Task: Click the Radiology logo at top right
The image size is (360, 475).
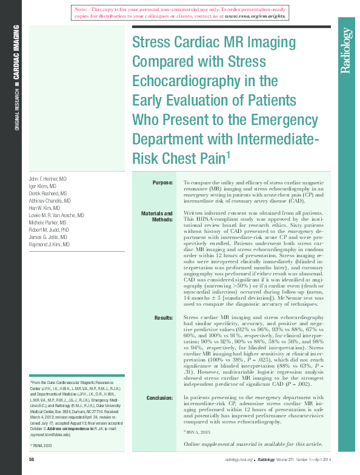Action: point(345,51)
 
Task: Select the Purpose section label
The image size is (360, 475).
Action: point(162,182)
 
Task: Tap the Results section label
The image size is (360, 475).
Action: point(164,317)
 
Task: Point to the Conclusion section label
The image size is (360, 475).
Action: point(159,397)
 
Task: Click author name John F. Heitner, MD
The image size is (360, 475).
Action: point(48,180)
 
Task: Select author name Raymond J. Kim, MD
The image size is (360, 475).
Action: point(50,244)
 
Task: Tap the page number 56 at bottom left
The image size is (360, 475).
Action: point(32,459)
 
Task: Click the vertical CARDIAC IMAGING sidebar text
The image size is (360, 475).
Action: point(16,55)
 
